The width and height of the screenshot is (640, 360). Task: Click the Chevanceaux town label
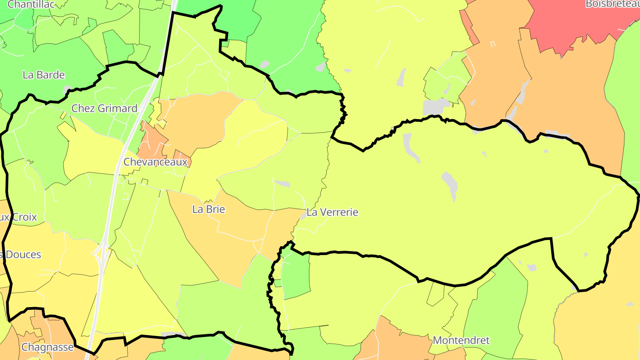[x=156, y=162]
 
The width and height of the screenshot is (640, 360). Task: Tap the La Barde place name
[x=44, y=75]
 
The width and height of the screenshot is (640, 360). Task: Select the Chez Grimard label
[x=104, y=108]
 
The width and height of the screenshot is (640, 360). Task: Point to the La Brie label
[x=208, y=209]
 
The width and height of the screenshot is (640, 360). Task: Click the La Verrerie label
[x=332, y=212]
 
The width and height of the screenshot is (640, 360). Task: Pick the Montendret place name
[x=461, y=340]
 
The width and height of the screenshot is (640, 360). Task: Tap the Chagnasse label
[x=47, y=347]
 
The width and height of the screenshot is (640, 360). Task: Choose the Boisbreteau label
[x=612, y=4]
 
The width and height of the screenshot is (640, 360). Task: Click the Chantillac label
[x=31, y=4]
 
